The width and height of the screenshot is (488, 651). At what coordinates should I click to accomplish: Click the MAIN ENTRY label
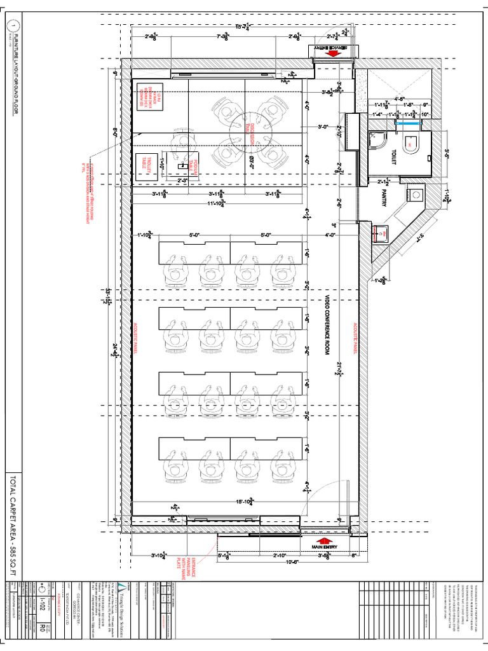coord(327,546)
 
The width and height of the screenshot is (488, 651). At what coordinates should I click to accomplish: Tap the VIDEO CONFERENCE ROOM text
coord(327,333)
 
